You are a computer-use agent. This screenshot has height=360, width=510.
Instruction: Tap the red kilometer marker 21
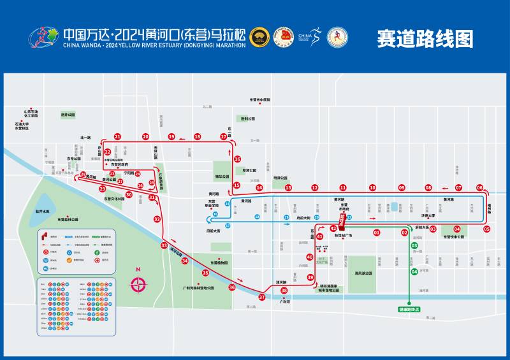(x=117, y=136)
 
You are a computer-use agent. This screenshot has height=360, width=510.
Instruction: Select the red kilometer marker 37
(x=261, y=297)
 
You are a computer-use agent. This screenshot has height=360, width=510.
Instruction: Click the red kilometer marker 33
(x=164, y=245)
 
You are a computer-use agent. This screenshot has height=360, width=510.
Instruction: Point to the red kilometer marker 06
(x=479, y=188)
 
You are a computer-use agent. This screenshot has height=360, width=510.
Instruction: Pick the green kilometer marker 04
(x=414, y=272)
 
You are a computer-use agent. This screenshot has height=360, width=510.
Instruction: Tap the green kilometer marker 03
(x=414, y=245)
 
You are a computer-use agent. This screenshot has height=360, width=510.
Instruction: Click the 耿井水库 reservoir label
(x=42, y=211)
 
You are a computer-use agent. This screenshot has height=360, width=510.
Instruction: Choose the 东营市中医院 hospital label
(x=260, y=99)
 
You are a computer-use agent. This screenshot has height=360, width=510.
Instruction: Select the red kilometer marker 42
(x=333, y=227)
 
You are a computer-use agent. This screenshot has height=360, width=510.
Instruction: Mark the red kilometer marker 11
(x=342, y=188)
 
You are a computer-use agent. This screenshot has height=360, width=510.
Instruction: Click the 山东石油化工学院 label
(x=31, y=113)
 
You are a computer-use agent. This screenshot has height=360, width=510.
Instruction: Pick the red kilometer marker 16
(x=237, y=159)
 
